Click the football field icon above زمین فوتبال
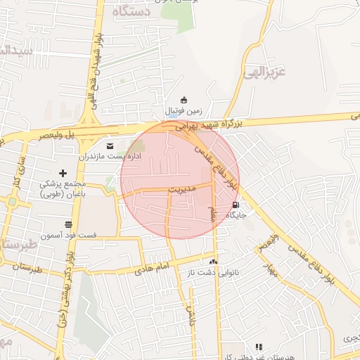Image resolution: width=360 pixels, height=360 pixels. click(x=184, y=99)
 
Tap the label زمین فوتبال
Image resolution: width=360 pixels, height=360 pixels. click(x=184, y=110)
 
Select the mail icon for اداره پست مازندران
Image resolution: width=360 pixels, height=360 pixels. click(x=109, y=146)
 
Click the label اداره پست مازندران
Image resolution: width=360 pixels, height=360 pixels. click(x=109, y=156)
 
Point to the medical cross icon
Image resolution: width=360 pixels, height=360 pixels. click(x=63, y=173)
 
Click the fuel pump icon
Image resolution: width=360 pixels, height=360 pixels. click(x=235, y=205)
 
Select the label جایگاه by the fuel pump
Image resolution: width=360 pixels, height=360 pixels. click(x=235, y=217)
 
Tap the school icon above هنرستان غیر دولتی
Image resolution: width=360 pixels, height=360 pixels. click(x=259, y=347)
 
